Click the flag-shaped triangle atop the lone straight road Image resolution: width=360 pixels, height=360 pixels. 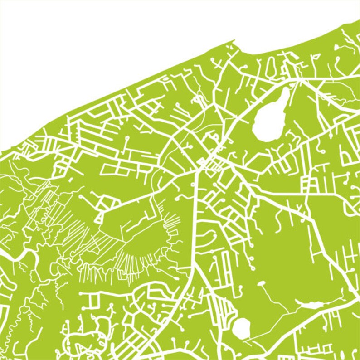point(317,56)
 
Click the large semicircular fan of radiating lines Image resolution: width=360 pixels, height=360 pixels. point(136,254)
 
